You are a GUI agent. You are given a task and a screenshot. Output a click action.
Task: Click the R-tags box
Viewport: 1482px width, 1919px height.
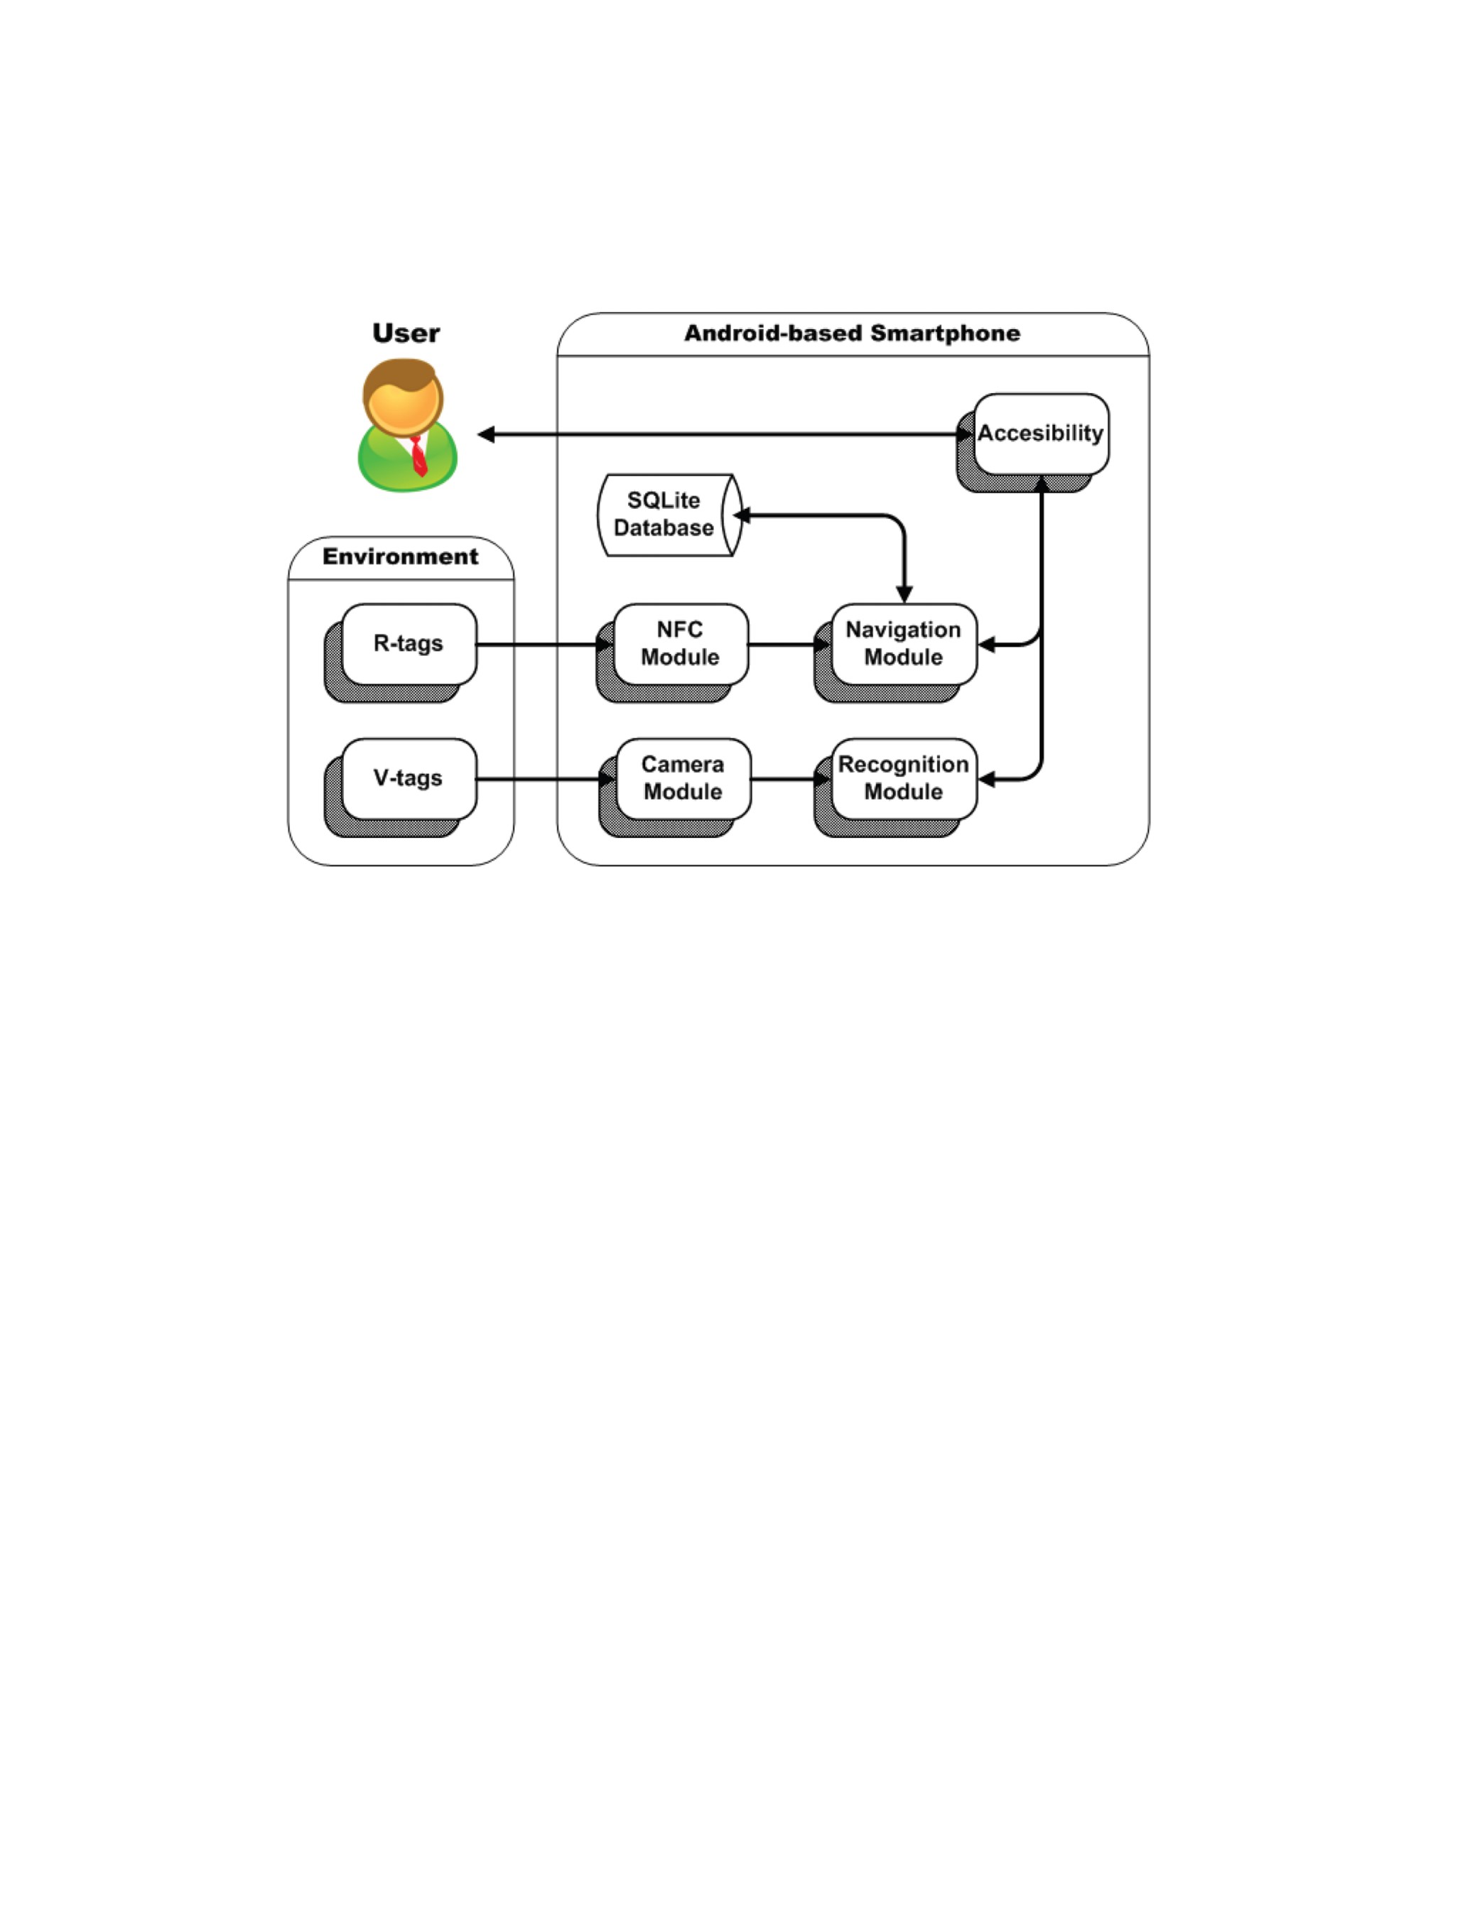point(409,643)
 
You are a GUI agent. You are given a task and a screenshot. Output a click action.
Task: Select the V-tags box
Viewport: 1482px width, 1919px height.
point(409,778)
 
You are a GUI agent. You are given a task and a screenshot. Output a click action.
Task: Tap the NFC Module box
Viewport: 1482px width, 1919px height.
point(681,643)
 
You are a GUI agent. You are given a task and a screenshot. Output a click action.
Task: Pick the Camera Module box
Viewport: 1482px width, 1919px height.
point(683,778)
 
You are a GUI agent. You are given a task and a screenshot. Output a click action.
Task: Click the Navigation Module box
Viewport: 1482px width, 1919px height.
point(904,643)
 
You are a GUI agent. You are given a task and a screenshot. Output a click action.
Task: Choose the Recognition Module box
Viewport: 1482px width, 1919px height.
point(904,778)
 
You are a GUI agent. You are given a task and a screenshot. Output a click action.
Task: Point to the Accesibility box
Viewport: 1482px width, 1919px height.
point(1041,434)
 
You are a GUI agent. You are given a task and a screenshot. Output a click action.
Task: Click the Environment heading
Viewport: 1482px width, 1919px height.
point(401,557)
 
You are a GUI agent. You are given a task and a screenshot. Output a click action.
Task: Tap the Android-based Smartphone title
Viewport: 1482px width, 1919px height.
point(852,333)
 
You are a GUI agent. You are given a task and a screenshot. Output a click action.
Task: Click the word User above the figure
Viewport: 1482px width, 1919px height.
point(406,333)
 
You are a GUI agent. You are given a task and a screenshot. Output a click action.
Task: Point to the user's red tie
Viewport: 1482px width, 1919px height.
point(419,456)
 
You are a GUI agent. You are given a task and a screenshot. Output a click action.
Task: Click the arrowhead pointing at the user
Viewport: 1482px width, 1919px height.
point(486,434)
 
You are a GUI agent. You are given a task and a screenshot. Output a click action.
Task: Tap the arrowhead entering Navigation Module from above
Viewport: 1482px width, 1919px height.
point(904,594)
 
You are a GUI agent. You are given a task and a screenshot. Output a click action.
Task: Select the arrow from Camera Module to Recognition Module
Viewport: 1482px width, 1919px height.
point(791,780)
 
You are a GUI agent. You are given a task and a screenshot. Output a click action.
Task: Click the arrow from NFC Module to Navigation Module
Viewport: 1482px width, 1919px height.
point(790,644)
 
